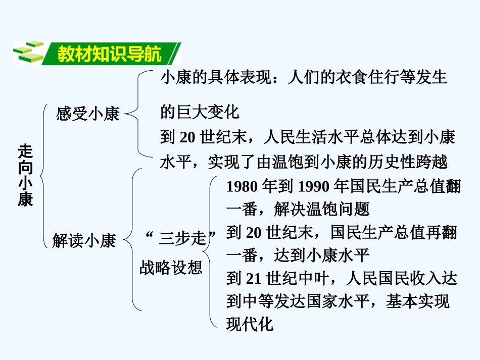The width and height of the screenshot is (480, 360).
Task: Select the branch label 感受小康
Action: pos(88,114)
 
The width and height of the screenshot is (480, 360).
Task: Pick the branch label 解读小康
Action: pos(84,240)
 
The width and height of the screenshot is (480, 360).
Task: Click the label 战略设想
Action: pos(171,267)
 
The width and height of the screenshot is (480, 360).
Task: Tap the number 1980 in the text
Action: pos(242,187)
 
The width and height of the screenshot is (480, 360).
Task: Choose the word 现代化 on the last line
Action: pos(250,324)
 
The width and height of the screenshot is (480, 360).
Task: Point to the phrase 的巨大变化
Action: pos(199,112)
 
